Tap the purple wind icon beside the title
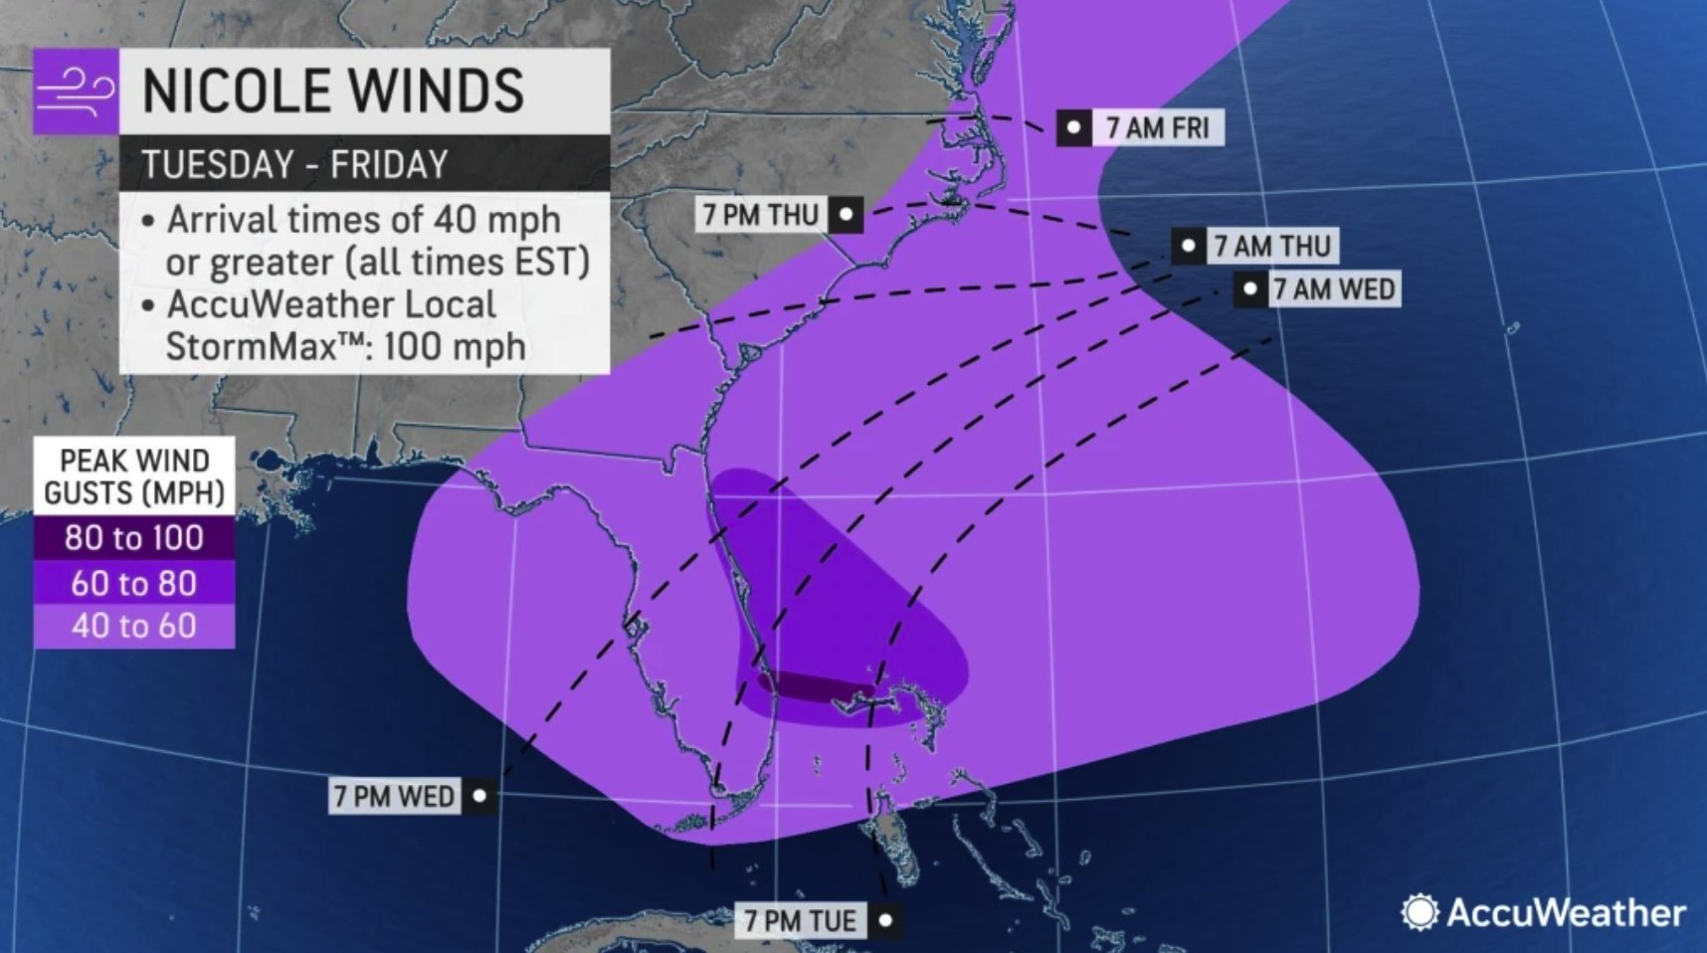[76, 92]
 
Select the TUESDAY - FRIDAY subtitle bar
[363, 164]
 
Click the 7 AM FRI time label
[1157, 127]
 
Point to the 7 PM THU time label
[760, 214]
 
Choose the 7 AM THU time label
[1271, 246]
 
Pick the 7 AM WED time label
[1333, 289]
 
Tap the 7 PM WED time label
[394, 796]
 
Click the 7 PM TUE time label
[800, 920]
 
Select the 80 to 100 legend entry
[134, 537]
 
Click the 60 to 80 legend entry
[134, 583]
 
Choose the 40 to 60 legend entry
[134, 626]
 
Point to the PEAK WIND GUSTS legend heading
[134, 476]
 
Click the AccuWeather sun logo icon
[1420, 912]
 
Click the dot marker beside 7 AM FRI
[1074, 127]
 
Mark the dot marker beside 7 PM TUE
[885, 920]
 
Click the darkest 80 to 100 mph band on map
[811, 685]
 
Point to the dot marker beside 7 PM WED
[479, 796]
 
